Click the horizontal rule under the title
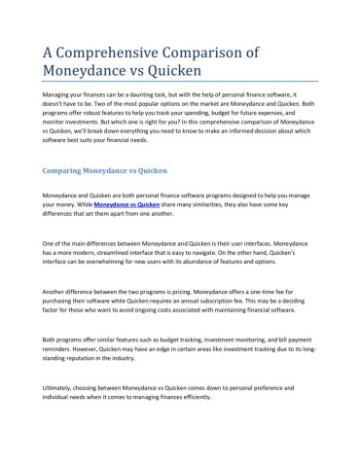[180, 81]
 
